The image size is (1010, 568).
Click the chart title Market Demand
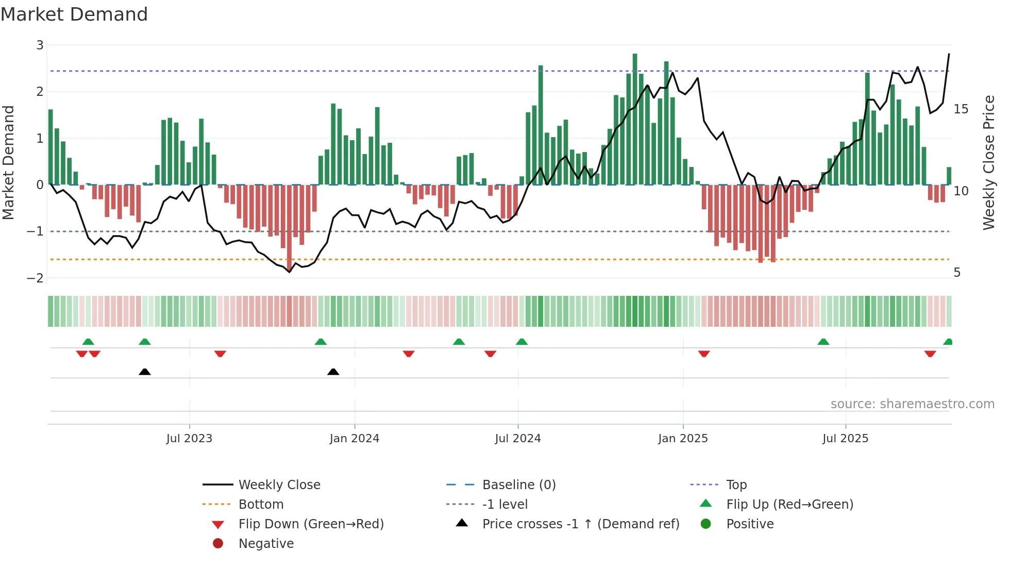pyautogui.click(x=74, y=14)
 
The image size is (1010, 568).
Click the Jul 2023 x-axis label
pyautogui.click(x=189, y=439)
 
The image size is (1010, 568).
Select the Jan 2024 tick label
pyautogui.click(x=355, y=439)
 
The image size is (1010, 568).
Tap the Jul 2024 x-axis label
pyautogui.click(x=518, y=439)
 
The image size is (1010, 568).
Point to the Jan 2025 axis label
pyautogui.click(x=683, y=439)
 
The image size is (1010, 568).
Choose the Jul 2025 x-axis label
pyautogui.click(x=846, y=439)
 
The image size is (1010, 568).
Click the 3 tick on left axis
pyautogui.click(x=40, y=45)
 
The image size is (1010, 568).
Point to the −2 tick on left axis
pyautogui.click(x=36, y=278)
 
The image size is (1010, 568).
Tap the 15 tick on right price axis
pyautogui.click(x=961, y=109)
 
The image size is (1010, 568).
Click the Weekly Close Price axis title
pyautogui.click(x=988, y=162)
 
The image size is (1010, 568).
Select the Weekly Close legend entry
pyautogui.click(x=279, y=485)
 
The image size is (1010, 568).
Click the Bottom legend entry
pyautogui.click(x=261, y=505)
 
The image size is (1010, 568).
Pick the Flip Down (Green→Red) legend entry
pyautogui.click(x=311, y=524)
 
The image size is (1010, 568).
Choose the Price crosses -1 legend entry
pyautogui.click(x=580, y=524)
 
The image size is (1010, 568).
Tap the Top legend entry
pyautogui.click(x=736, y=485)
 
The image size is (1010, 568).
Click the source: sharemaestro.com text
pyautogui.click(x=912, y=404)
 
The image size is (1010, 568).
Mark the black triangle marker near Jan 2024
pyautogui.click(x=333, y=372)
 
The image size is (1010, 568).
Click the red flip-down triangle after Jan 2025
pyautogui.click(x=704, y=354)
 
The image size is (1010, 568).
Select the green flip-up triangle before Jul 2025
pyautogui.click(x=823, y=342)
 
